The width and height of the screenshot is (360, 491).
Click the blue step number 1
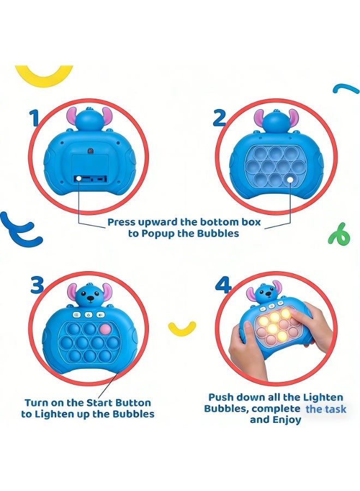pyautogui.click(x=34, y=117)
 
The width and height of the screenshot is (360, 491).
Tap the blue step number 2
pyautogui.click(x=219, y=118)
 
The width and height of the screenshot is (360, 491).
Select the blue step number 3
pyautogui.click(x=37, y=285)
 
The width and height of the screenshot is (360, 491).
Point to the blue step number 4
pyautogui.click(x=224, y=285)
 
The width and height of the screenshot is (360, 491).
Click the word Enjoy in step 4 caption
pyautogui.click(x=286, y=420)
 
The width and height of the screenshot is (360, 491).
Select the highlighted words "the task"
pyautogui.click(x=326, y=409)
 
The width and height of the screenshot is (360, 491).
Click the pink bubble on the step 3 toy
pyautogui.click(x=105, y=330)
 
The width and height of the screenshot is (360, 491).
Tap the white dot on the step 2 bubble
pyautogui.click(x=291, y=179)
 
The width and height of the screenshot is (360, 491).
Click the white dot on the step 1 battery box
pyautogui.click(x=79, y=178)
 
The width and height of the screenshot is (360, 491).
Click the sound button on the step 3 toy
pyautogui.click(x=100, y=314)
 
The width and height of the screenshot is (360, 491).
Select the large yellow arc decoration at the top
pyautogui.click(x=44, y=76)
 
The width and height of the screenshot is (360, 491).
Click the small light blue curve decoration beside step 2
pyautogui.click(x=346, y=88)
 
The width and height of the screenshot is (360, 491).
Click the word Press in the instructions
pyautogui.click(x=121, y=222)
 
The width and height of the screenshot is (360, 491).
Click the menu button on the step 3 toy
pyautogui.click(x=77, y=314)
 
